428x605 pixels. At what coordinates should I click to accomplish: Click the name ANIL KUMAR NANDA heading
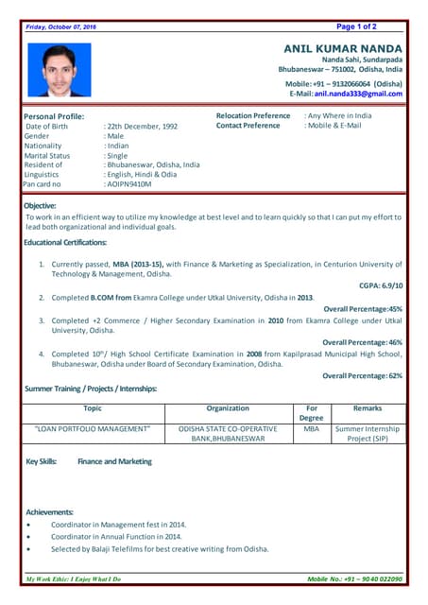[343, 48]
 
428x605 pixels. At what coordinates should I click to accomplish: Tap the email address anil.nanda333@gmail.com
[358, 94]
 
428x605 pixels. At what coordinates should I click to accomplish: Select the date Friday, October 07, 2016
[61, 26]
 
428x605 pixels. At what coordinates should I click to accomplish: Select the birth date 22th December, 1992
[142, 126]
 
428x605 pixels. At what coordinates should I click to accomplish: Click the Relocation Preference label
[253, 115]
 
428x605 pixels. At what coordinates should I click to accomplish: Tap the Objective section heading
[41, 205]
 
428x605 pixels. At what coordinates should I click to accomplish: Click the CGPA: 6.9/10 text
[381, 285]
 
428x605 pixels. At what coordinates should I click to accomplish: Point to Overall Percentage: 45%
[363, 308]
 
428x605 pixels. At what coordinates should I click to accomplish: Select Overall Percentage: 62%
[363, 375]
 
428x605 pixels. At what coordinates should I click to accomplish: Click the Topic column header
[93, 408]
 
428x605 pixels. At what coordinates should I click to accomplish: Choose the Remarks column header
[368, 408]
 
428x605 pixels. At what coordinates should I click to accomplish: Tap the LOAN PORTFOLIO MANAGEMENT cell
[93, 428]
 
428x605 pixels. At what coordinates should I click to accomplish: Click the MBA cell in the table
[311, 428]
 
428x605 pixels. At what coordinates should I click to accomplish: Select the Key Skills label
[42, 461]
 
